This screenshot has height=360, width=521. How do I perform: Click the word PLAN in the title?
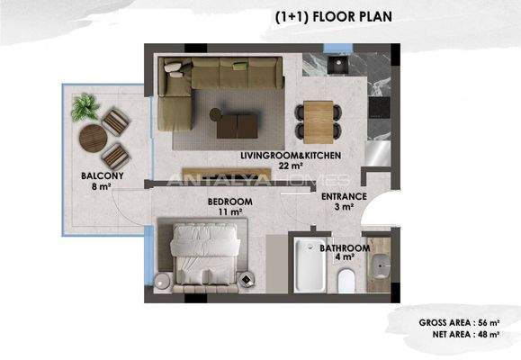click(x=370, y=16)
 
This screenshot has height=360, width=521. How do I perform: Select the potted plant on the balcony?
click(x=85, y=110)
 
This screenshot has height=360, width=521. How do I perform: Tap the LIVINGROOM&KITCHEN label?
click(x=289, y=156)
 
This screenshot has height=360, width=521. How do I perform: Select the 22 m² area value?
click(x=289, y=166)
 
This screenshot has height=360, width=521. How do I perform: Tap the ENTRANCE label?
click(x=343, y=195)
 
